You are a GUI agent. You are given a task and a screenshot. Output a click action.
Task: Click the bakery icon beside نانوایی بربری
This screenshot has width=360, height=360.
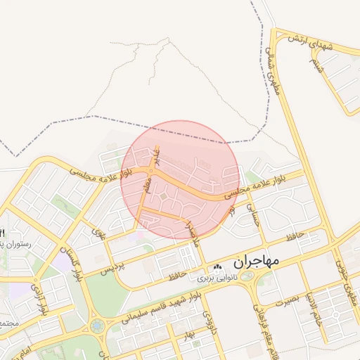[217, 267]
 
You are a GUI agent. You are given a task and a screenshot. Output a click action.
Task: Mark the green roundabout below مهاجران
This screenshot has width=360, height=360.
[247, 276]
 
